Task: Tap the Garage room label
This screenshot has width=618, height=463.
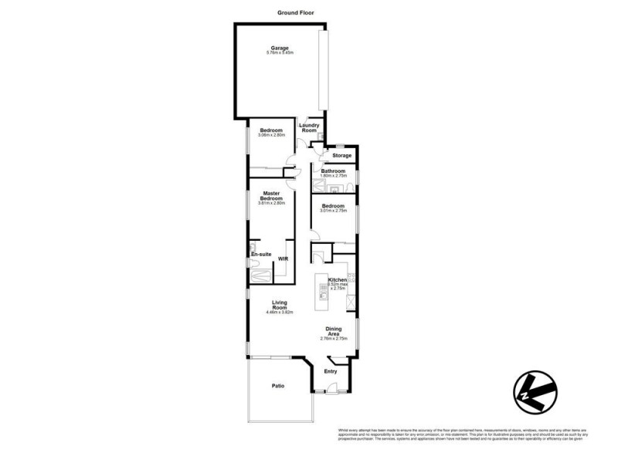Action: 279,48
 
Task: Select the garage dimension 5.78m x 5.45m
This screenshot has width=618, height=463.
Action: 279,53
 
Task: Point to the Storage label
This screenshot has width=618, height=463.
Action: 341,156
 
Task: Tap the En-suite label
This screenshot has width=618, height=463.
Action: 260,254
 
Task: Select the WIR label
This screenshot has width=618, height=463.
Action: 282,259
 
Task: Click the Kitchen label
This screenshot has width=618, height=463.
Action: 338,279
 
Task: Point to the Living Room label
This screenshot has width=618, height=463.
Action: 279,305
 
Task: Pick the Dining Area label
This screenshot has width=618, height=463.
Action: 334,331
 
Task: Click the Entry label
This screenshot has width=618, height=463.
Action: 331,372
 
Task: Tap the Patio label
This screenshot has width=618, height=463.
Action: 278,386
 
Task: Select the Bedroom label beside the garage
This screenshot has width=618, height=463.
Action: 271,130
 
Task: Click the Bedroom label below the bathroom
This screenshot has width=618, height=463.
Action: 333,206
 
